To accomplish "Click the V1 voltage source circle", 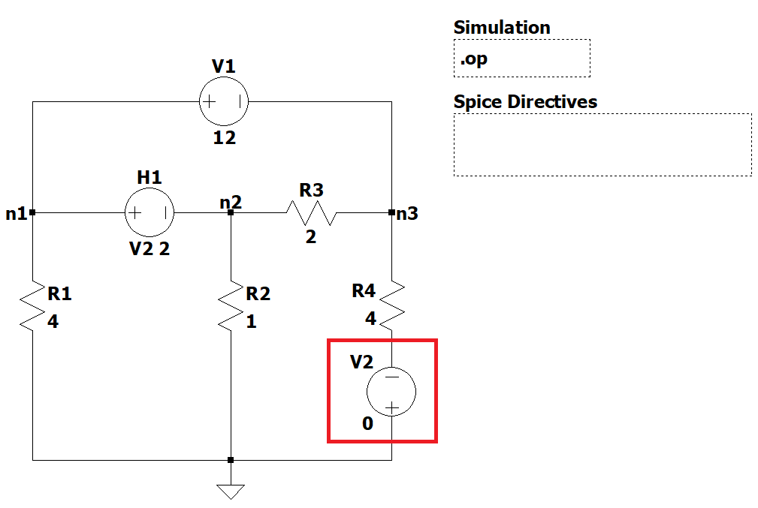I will pos(224,101).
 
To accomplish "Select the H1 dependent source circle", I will pos(149,212).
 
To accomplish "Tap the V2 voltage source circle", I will pos(391,391).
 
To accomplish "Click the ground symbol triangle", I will pos(231,491).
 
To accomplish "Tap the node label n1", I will pos(16,214).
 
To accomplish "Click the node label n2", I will pos(231,202).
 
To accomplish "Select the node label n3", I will pos(408,214).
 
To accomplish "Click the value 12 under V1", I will pos(224,138).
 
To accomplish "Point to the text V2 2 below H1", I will pos(149,249).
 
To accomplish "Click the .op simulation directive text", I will pos(474,59).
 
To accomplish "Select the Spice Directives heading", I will pos(525,101).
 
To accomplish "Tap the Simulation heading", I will pos(502,28).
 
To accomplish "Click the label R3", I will pos(311,191).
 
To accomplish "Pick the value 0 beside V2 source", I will pos(367,424).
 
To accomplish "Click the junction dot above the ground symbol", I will pos(231,459).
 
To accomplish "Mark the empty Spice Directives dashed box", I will pos(602,145).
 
